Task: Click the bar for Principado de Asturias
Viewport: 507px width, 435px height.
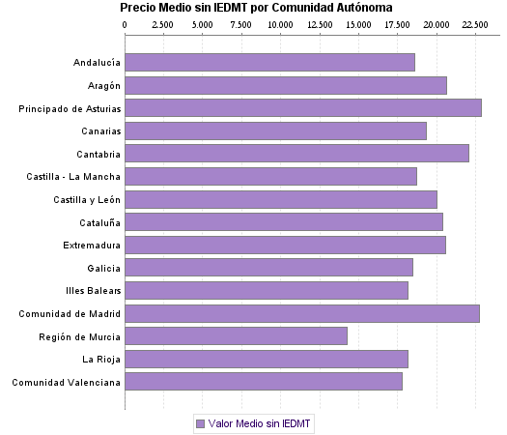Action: pyautogui.click(x=303, y=108)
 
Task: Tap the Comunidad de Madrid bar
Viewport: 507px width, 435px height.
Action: pyautogui.click(x=302, y=313)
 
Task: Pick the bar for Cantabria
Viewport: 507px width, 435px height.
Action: pyautogui.click(x=296, y=154)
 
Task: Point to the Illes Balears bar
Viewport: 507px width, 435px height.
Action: pyautogui.click(x=267, y=290)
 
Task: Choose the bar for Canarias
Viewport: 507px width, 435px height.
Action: pyautogui.click(x=275, y=130)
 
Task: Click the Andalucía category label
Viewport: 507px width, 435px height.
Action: pyautogui.click(x=97, y=63)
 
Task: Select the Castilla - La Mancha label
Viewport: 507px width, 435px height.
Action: pyautogui.click(x=73, y=176)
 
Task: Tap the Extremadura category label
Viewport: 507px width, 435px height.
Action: pyautogui.click(x=92, y=245)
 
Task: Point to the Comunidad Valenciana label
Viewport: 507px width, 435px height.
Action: pyautogui.click(x=66, y=382)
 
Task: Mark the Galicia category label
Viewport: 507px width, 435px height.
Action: pyautogui.click(x=103, y=268)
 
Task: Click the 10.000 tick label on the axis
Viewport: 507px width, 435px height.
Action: pyautogui.click(x=281, y=23)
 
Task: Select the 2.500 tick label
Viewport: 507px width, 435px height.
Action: pyautogui.click(x=163, y=23)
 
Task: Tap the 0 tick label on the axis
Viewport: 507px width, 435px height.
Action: pyautogui.click(x=125, y=23)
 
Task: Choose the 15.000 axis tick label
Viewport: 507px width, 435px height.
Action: pyautogui.click(x=358, y=23)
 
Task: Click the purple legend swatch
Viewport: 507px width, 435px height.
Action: pyautogui.click(x=200, y=423)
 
